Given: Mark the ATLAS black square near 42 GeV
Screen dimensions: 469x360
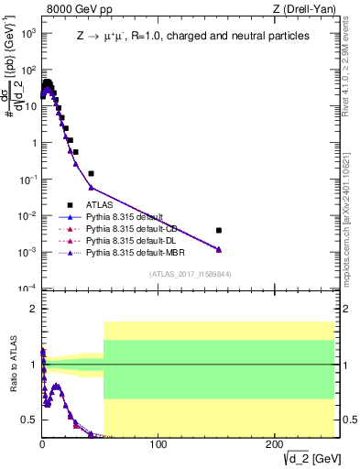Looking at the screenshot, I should [91, 173].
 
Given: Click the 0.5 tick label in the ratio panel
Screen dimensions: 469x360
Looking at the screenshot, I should [30, 420].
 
